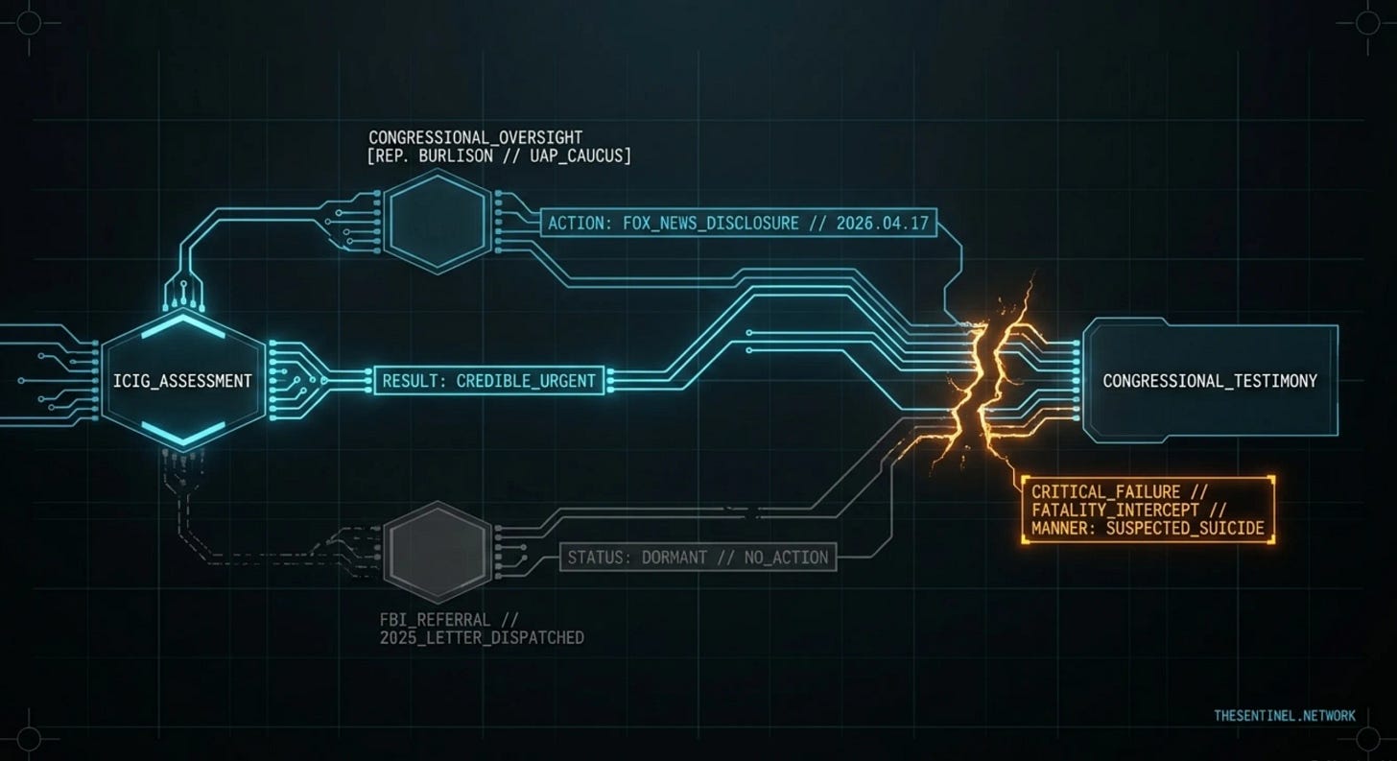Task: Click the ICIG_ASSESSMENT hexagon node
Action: pos(182,381)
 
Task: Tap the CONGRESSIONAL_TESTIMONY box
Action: pos(1210,381)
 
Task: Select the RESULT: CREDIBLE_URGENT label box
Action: pos(489,381)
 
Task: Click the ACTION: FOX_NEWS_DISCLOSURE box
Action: pos(739,224)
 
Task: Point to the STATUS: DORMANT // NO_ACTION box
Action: pos(698,557)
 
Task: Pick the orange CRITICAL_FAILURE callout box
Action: pos(1148,510)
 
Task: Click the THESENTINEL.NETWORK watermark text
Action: pos(1285,715)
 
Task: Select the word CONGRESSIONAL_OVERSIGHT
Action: pos(475,137)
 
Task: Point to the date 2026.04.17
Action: pos(882,224)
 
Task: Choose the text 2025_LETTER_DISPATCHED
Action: pos(482,637)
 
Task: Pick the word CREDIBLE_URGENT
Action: pos(526,381)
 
